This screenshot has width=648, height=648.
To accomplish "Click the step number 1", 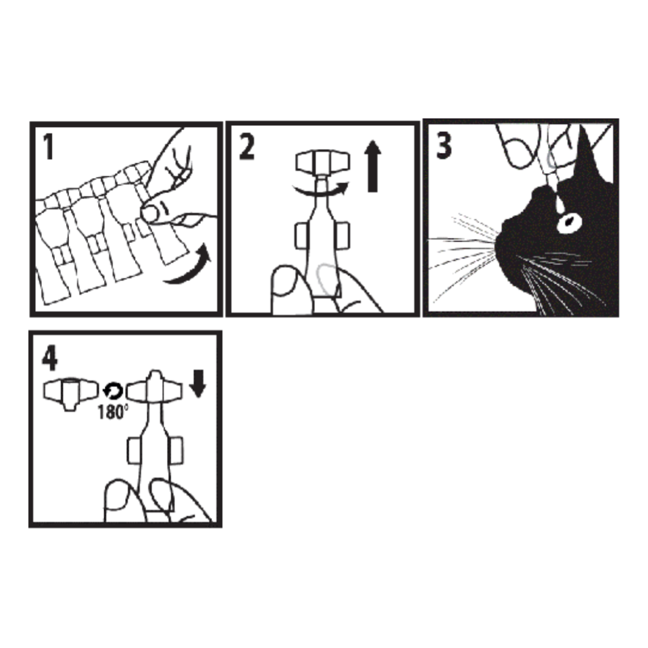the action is click(x=49, y=147).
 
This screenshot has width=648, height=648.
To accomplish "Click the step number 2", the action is click(x=247, y=147).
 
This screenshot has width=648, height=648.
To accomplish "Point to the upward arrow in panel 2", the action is click(x=372, y=166).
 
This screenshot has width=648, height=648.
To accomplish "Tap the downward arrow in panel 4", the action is click(x=197, y=383).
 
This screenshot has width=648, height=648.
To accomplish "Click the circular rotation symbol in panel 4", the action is click(x=112, y=391).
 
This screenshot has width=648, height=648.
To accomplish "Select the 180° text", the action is click(x=112, y=412).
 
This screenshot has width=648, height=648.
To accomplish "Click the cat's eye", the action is click(x=569, y=223).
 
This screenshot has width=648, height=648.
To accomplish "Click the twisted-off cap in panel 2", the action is click(x=322, y=162).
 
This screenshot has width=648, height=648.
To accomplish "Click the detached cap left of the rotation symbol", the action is click(x=71, y=393).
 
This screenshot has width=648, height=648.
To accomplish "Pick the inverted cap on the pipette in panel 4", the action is click(x=154, y=388).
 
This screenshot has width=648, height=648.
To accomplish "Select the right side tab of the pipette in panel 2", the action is click(x=343, y=236).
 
